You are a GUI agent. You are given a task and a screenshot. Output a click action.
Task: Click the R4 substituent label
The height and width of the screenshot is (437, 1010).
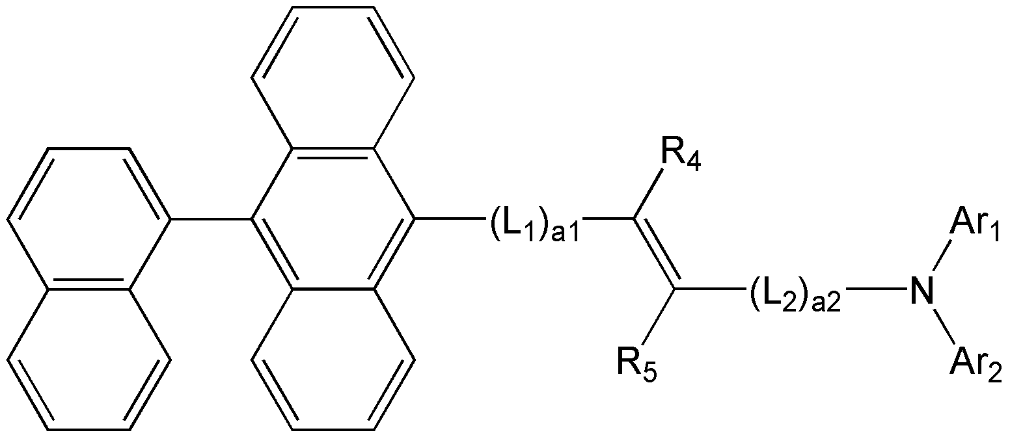click(x=681, y=157)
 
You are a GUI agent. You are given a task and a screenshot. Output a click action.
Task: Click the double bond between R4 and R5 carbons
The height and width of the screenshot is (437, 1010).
click(x=655, y=254)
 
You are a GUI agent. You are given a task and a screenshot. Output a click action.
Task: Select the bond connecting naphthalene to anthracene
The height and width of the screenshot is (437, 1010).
click(x=211, y=219)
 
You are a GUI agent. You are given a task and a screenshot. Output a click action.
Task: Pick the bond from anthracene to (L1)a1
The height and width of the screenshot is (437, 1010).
click(x=448, y=219)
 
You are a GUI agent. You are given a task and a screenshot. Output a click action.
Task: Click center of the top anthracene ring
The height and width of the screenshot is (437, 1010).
click(x=333, y=77)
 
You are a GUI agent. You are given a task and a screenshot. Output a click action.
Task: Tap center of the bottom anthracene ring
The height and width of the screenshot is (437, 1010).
click(x=333, y=359)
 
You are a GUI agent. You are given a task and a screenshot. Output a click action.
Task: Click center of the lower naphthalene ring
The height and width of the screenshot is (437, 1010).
click(x=89, y=359)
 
